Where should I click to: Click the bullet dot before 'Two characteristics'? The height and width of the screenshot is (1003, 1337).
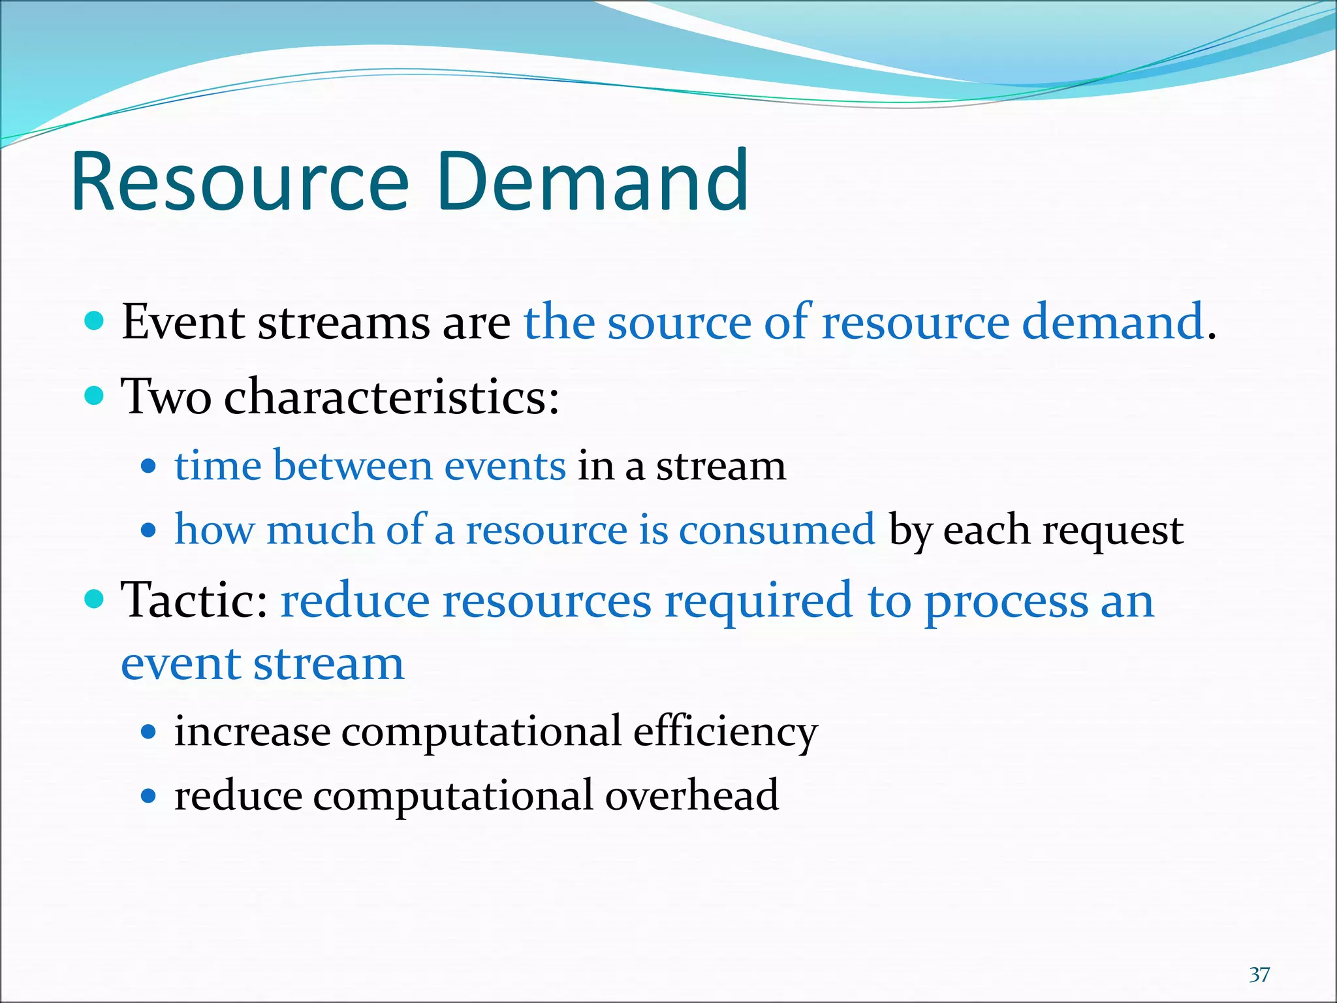coord(95,396)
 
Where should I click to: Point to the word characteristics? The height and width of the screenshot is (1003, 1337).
coord(392,396)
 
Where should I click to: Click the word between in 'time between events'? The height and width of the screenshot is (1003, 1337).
coord(353,466)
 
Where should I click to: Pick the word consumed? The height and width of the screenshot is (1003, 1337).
coord(777,529)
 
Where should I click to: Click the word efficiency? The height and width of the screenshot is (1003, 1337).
coord(725,731)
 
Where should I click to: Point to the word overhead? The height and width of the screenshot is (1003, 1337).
coord(692,795)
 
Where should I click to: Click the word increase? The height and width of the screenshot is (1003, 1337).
coord(253,731)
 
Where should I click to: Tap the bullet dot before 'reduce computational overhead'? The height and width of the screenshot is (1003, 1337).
coord(149,796)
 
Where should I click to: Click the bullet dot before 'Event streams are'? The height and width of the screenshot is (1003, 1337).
coord(95,321)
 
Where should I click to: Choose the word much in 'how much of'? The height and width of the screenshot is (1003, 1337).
coord(319,529)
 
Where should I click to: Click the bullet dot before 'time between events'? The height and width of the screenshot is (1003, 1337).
coord(149,467)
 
